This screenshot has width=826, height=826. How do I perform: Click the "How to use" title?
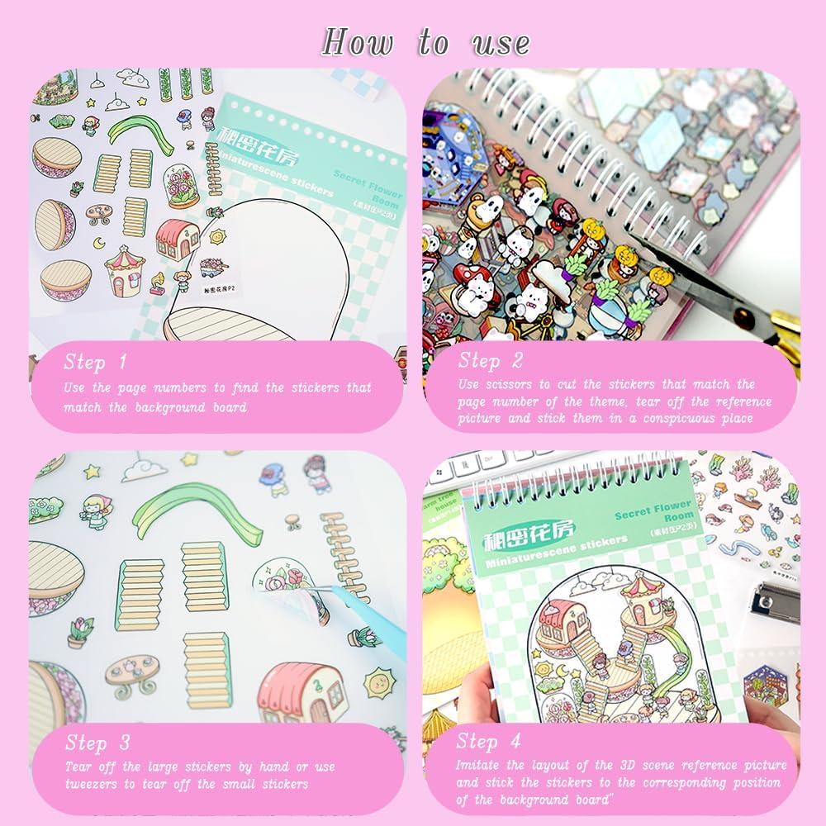(425, 41)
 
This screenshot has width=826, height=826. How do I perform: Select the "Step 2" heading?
(491, 360)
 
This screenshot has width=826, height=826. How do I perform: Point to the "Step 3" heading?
(97, 742)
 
